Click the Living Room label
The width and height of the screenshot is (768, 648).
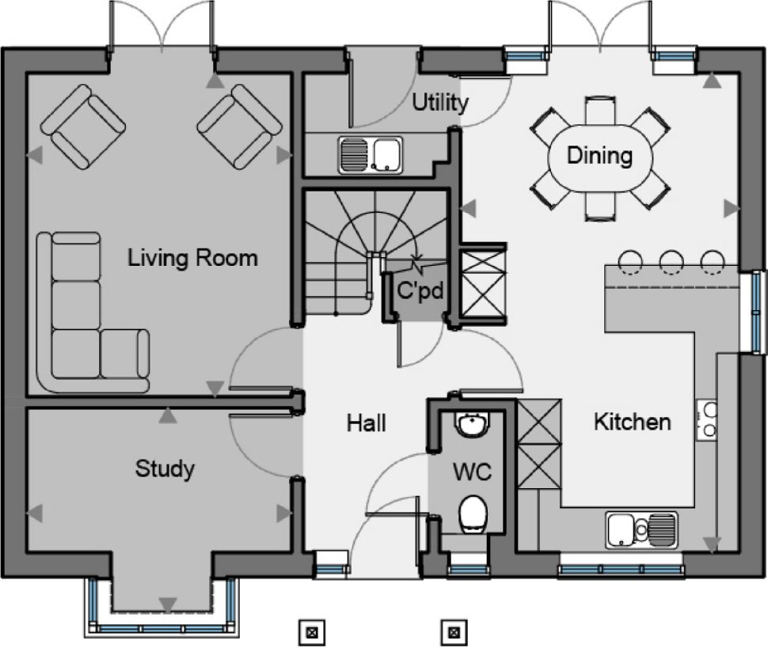click(x=193, y=258)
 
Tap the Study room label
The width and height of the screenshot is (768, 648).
click(x=165, y=468)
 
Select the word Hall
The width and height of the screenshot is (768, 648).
click(x=367, y=423)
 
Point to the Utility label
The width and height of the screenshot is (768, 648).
click(x=440, y=103)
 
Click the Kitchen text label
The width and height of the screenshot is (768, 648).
click(x=632, y=422)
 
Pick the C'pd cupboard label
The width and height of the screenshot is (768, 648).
click(x=419, y=291)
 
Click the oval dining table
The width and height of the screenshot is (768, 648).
click(x=599, y=156)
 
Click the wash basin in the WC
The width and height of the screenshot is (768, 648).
click(x=473, y=426)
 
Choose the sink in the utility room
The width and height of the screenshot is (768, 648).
click(x=371, y=153)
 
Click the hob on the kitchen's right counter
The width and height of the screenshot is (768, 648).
click(x=708, y=420)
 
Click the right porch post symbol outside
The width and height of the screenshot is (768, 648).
click(x=454, y=632)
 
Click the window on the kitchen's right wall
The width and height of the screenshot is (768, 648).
click(x=757, y=311)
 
